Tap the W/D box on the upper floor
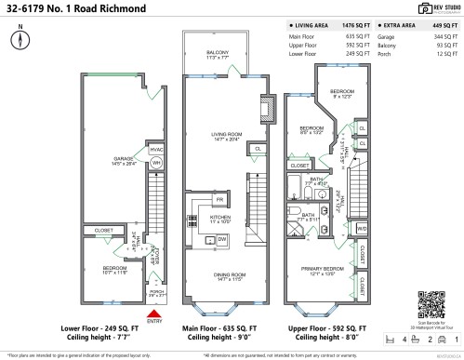(x=361, y=228)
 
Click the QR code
(x=432, y=303)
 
